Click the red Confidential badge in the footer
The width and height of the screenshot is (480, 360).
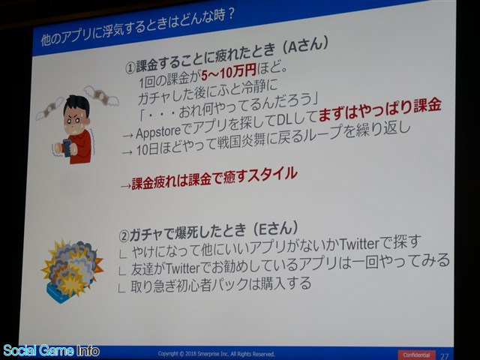coord(417,355)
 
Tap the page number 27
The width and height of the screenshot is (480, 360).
coord(444,355)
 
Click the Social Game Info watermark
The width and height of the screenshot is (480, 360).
coord(51,351)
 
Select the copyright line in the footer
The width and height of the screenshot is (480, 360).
coord(216,353)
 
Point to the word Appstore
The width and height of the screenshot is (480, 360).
coord(158,132)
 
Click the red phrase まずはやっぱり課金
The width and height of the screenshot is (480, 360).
coord(379,110)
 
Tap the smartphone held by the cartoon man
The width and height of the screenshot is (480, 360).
coord(67,148)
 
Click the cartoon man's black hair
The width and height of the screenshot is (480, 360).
coord(76,105)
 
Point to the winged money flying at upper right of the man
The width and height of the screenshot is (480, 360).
coord(101,95)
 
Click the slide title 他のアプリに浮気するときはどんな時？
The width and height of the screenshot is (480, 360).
coord(138,28)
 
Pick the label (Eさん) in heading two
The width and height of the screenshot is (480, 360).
coord(274,229)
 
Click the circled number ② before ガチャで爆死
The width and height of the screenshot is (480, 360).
coord(124,236)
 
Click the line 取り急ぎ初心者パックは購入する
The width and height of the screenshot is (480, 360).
coord(221,285)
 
